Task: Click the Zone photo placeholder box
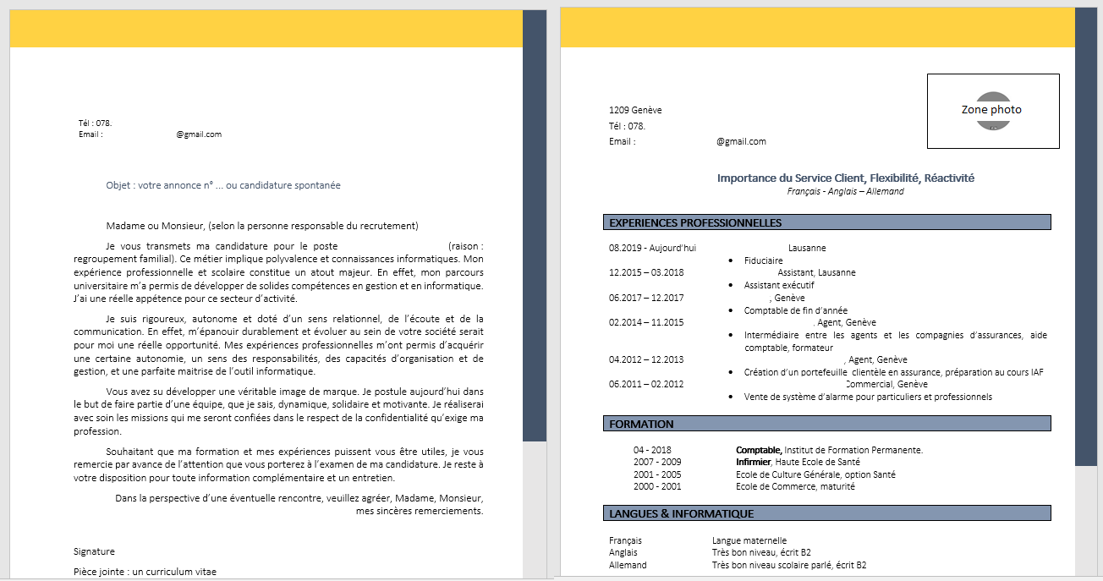coord(992,111)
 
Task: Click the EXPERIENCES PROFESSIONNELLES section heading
coord(695,223)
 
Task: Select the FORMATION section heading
coord(641,424)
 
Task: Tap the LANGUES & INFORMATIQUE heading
coord(681,513)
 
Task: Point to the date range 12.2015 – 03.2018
coord(646,272)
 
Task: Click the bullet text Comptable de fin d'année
coord(795,310)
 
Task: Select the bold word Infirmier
coord(753,463)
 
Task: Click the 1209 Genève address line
coord(635,110)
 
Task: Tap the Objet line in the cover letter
coord(223,185)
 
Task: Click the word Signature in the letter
coord(94,551)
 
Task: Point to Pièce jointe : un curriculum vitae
coord(145,572)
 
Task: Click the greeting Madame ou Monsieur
coord(156,226)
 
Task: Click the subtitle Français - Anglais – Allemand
coord(845,192)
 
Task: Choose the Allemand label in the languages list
coord(628,565)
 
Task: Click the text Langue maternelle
coord(749,540)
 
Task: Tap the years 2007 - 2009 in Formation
coord(657,463)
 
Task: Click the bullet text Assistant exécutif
coord(778,286)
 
